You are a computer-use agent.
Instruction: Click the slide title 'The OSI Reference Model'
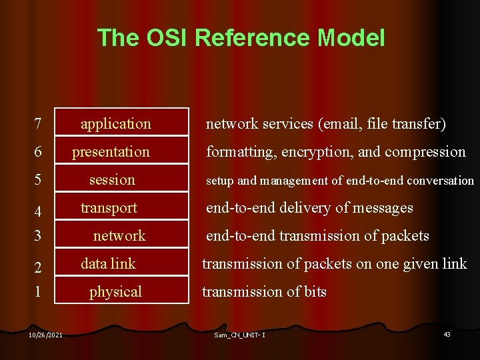(241, 37)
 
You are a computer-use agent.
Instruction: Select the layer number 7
(39, 124)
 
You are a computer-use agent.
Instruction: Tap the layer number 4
(39, 212)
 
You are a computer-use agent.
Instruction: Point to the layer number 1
(39, 292)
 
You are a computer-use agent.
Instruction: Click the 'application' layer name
(115, 124)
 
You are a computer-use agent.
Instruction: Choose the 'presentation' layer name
(111, 152)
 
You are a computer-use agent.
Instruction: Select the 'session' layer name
(112, 180)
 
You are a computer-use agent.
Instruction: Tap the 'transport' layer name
(109, 208)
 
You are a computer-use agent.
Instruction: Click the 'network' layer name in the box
(119, 236)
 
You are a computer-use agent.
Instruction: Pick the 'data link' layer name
(108, 264)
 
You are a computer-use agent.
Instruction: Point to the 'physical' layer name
(115, 292)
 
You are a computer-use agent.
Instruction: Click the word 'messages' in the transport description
(384, 208)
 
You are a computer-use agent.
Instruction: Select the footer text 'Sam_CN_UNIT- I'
(239, 335)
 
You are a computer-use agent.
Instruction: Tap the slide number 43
(447, 334)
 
